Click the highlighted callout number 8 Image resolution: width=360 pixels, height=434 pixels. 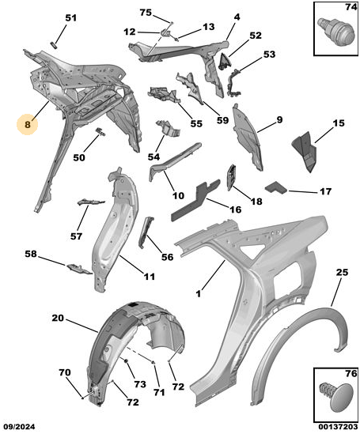click(28, 125)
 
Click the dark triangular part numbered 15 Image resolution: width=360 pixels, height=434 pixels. click(304, 152)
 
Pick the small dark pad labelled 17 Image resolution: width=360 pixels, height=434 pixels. click(277, 188)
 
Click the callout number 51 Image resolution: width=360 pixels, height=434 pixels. click(70, 18)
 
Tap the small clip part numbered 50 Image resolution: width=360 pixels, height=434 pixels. click(100, 131)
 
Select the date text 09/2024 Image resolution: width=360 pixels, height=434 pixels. click(19, 427)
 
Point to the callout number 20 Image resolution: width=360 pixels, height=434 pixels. click(58, 318)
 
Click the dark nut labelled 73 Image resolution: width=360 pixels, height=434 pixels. click(126, 360)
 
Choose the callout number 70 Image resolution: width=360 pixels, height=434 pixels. click(65, 372)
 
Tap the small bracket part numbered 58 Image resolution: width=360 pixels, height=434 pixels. click(79, 269)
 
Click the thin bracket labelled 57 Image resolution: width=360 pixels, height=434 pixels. click(90, 202)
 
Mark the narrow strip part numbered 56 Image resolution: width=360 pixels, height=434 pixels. click(146, 232)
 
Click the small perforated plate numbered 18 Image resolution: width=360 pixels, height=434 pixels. click(232, 177)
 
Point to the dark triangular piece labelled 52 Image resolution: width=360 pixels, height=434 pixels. click(225, 62)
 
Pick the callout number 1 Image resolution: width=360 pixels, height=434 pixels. click(199, 293)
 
